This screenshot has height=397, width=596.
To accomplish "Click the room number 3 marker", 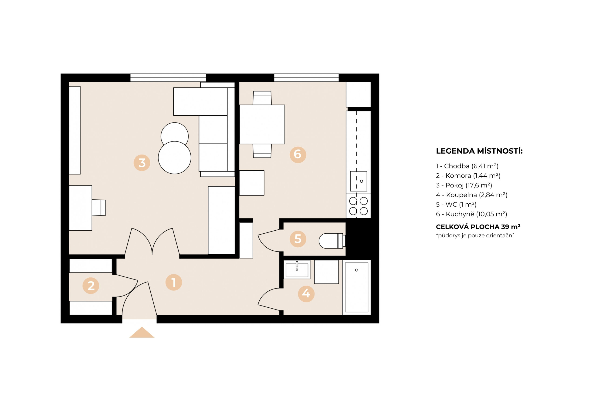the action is point(142,163).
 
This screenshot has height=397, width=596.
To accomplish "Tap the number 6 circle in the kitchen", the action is point(298,155).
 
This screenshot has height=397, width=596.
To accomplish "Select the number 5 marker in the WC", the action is point(298,239).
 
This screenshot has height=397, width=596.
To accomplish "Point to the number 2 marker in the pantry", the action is point(91,286).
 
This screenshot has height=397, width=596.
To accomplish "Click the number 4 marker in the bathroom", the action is point(306,294).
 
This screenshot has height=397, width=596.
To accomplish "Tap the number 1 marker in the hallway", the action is point(173,282).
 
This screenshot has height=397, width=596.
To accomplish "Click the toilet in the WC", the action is point(332,241).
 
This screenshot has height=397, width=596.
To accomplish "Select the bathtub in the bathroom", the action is point(356,287).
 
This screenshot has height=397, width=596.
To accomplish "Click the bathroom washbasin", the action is point(297,270).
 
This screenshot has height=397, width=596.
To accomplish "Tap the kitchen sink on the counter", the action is point(358,181).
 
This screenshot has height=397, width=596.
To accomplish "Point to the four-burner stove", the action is point(358,206).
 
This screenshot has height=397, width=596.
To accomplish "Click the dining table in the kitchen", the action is point(262,124).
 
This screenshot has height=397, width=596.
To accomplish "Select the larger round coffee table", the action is point(175,158).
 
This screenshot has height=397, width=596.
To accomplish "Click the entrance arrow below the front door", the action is point(142,333).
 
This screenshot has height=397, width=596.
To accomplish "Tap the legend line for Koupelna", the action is point(471,195).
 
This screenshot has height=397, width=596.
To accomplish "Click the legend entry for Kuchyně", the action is point(471,214).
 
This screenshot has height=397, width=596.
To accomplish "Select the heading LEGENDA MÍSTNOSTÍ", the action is point(479,151).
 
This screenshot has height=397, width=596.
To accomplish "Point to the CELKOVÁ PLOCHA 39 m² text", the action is point(478,227).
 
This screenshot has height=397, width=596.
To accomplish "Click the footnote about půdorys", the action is point(475,236).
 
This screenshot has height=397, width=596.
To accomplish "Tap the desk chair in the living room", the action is point(99,208).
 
